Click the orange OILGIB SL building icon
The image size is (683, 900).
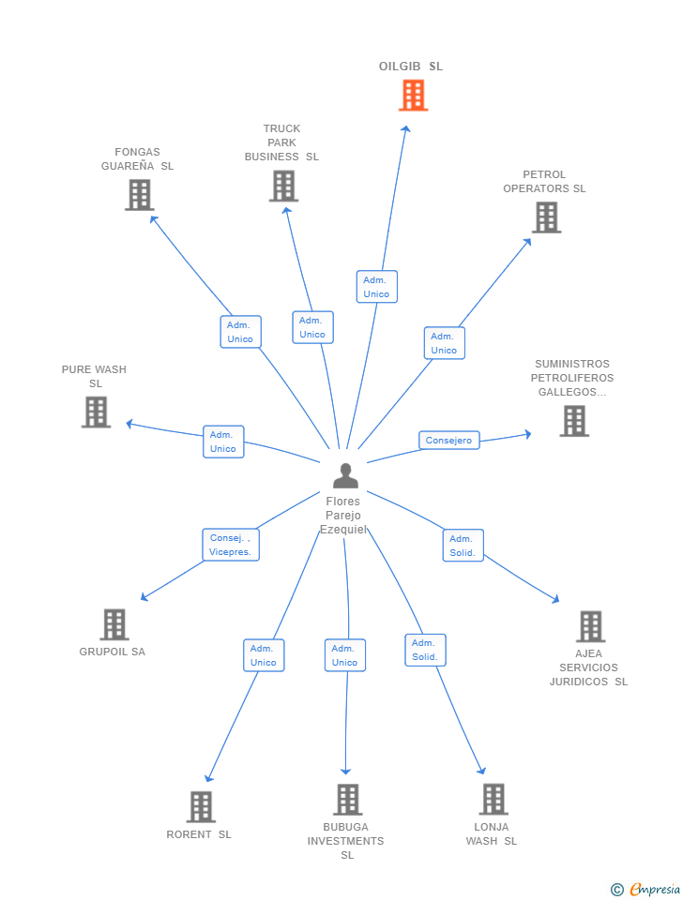click(413, 95)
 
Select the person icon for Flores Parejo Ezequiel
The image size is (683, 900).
click(345, 476)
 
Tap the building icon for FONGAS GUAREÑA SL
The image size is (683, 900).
click(139, 195)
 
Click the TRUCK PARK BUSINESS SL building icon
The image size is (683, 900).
click(283, 186)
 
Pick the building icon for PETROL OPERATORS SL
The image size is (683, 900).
click(546, 217)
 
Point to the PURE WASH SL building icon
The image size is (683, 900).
click(96, 412)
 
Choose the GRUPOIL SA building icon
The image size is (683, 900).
click(114, 624)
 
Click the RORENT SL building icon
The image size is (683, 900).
click(201, 806)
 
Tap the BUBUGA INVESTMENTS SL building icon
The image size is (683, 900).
click(347, 800)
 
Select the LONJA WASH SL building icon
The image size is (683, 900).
click(493, 800)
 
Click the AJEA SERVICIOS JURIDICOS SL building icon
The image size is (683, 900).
click(590, 626)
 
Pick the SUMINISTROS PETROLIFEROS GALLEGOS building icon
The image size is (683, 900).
click(574, 421)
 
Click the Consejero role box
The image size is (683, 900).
click(448, 441)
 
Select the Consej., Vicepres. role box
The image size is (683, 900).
click(231, 545)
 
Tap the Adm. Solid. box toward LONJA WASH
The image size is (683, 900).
click(425, 650)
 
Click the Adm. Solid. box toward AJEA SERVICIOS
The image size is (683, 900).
click(463, 546)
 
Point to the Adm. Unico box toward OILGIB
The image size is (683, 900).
click(376, 287)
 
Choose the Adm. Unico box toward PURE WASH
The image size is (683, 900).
click(223, 442)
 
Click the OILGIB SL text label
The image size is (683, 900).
click(411, 67)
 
